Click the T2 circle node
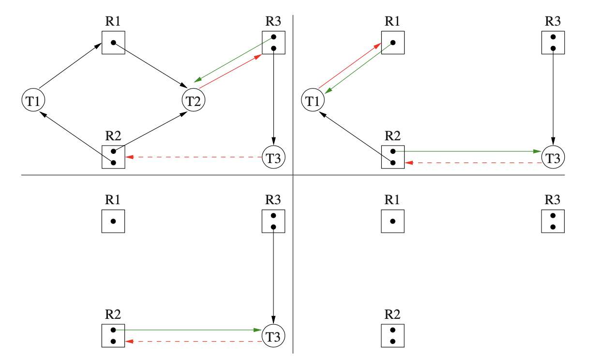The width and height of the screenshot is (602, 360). (194, 101)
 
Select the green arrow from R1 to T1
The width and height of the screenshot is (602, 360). (359, 69)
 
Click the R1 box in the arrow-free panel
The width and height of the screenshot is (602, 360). (392, 221)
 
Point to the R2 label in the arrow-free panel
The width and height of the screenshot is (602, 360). (392, 314)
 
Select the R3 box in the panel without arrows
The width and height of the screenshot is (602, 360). (553, 221)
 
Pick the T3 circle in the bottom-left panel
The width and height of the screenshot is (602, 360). (273, 335)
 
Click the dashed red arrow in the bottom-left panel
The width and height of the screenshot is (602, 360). (194, 342)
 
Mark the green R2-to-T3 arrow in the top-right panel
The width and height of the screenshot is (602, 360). (469, 151)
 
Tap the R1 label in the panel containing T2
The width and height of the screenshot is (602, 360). (113, 21)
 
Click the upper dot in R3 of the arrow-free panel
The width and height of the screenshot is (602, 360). (553, 216)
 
